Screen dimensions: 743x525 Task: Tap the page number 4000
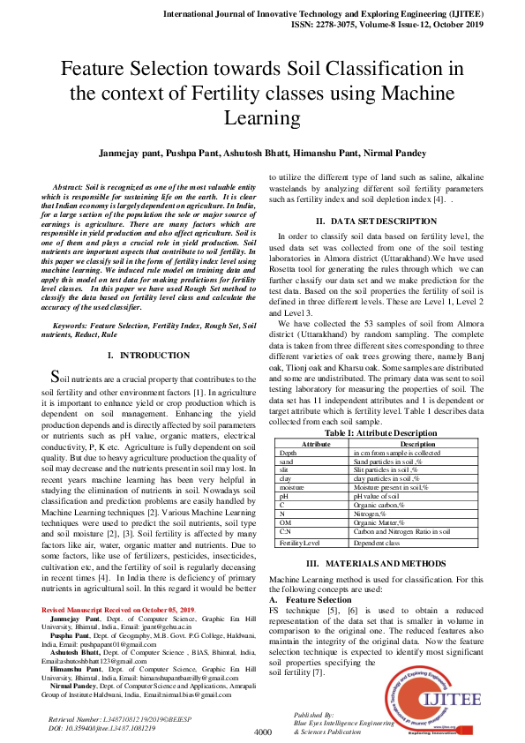262,732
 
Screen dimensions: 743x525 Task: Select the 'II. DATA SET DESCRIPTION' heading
374,220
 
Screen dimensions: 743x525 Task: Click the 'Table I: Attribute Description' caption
381,433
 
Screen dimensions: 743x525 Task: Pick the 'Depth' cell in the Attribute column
288,452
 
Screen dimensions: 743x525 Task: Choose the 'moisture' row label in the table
292,487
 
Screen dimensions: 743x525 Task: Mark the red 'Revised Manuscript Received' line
119,611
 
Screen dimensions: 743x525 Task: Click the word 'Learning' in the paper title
262,117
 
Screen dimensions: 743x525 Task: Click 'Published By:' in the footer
313,714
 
